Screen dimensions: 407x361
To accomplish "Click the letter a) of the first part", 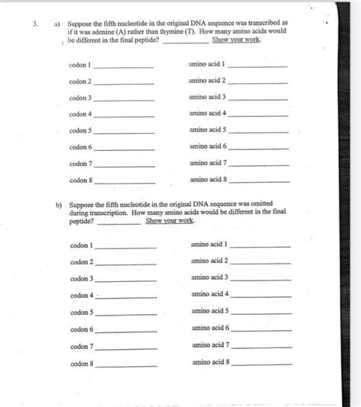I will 57,23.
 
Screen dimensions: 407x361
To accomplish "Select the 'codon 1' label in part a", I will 79,66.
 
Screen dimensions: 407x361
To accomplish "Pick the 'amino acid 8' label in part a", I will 208,179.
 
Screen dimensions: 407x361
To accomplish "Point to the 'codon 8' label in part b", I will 81,364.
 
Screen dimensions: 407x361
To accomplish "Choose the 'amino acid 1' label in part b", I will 209,245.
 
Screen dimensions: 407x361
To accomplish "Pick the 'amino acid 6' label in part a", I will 208,146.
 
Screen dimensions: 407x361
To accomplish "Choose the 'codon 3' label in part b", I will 81,279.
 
